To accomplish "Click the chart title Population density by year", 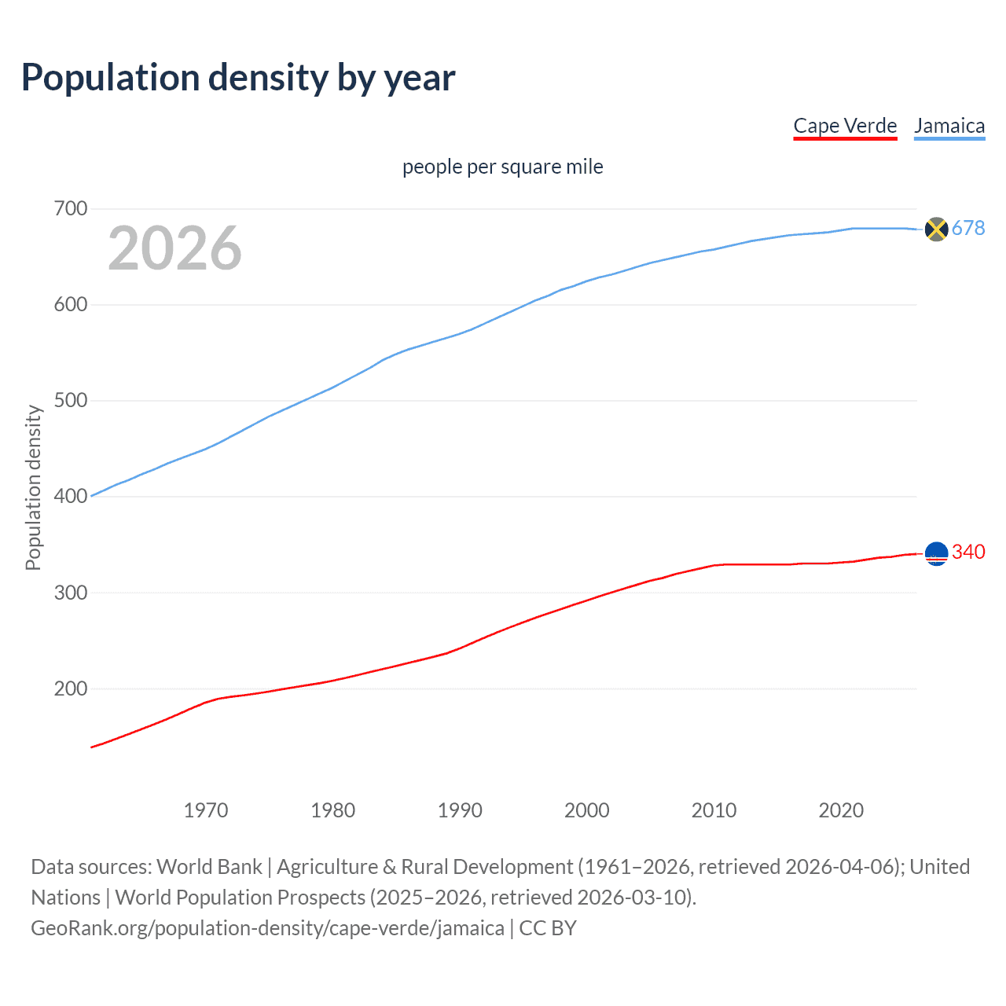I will pos(238,78).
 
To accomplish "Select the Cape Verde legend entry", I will pos(845,126).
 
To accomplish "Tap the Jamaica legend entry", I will pos(949,126).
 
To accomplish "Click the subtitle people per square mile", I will pos(502,167).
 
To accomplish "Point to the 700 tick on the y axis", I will pos(70,209).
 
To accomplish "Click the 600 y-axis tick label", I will pos(70,305).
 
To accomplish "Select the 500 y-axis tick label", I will pos(70,401).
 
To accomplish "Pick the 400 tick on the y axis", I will pos(70,497).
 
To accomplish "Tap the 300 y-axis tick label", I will pos(70,593).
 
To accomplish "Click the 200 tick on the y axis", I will pos(70,688).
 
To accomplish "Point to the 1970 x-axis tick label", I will pos(206,810).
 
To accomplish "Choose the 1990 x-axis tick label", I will pos(460,810).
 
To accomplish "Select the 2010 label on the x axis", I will pos(714,810).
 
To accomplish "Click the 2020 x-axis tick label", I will pos(841,810).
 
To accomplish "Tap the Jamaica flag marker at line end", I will pos(936,229).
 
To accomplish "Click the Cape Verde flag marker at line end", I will pos(936,553).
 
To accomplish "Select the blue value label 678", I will pos(968,228).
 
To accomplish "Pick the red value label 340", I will pos(968,552).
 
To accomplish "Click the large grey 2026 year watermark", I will pos(174,248).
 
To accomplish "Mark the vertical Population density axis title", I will pos(33,487).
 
